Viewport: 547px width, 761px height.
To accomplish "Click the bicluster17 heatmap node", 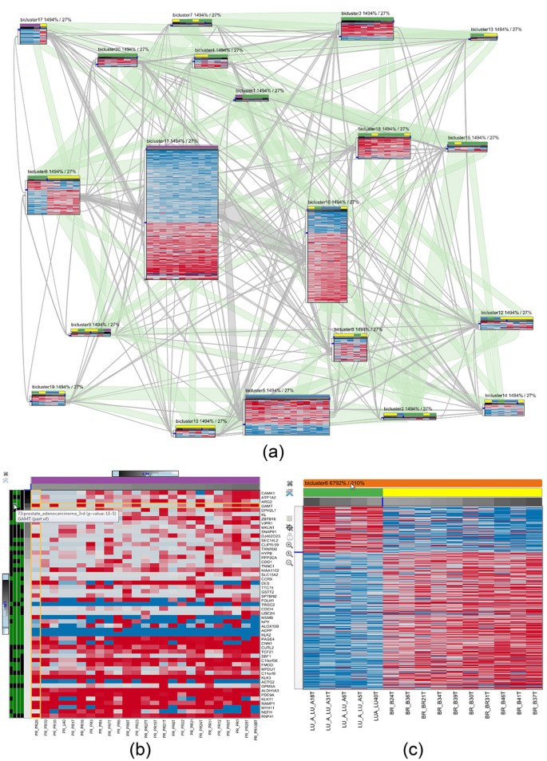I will (x=33, y=37).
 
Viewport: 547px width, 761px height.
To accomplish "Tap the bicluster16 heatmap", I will (x=327, y=255).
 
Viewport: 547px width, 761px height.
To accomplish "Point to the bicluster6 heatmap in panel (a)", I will (x=54, y=196).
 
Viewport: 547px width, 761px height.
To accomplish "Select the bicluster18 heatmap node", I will (x=383, y=147).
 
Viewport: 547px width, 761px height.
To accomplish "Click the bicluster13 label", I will (x=496, y=29).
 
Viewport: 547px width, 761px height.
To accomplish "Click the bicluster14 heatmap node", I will (x=505, y=408).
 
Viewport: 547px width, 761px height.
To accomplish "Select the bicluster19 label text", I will (x=57, y=386).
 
